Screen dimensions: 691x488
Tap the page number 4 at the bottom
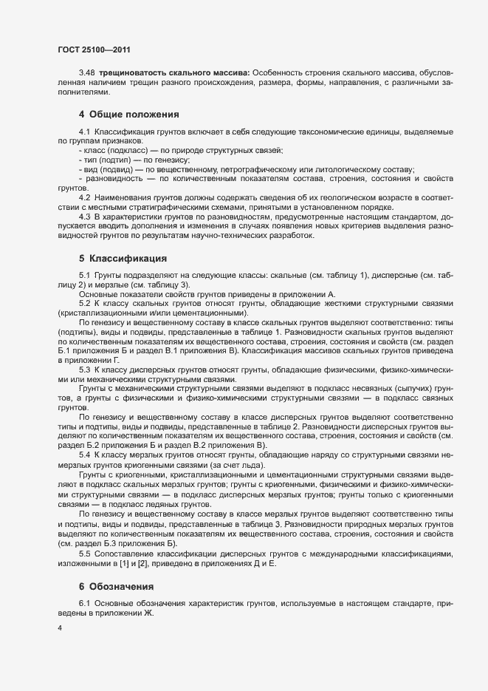pos(60,629)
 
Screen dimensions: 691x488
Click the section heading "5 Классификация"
pos(122,259)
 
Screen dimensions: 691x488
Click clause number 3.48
pos(87,72)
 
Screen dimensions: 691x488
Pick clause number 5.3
pos(84,369)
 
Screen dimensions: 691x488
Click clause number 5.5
pos(84,554)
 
